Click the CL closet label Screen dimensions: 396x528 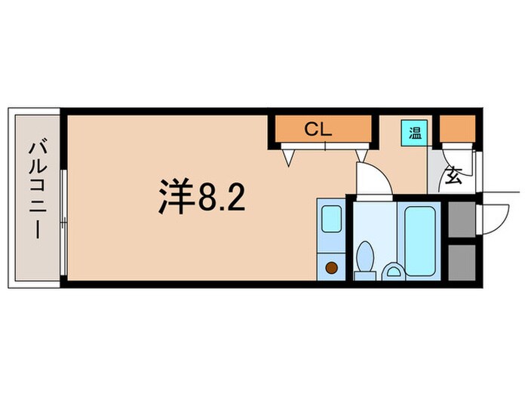pos(318,129)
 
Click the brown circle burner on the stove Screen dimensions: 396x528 pos(331,266)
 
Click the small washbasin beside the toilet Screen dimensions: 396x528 pos(393,269)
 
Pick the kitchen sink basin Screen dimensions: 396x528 pos(331,219)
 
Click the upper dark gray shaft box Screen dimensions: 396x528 pos(460,219)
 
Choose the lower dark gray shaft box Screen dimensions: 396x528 pos(460,262)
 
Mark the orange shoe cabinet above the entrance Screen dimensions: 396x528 pos(457,130)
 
